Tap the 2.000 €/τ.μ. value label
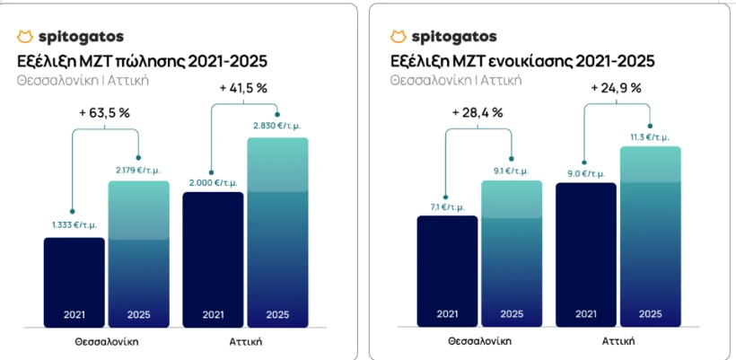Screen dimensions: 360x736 tap(212, 181)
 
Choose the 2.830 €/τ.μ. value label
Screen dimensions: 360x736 tap(277, 127)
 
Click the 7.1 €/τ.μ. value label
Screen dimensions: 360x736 tap(447, 207)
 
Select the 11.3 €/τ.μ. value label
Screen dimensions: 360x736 tap(651, 136)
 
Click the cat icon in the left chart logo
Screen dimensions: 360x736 tap(25, 37)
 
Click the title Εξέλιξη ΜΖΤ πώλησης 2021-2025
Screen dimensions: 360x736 tap(142, 61)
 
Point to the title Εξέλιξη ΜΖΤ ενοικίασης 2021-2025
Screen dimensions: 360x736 tap(522, 61)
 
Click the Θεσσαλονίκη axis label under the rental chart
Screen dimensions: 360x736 tap(478, 341)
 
